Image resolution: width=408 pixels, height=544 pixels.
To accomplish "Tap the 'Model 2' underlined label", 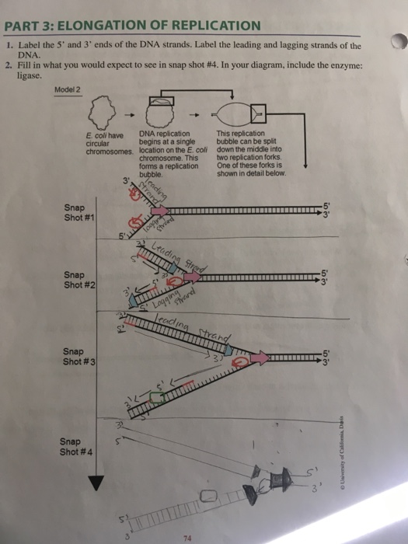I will tap(69, 89).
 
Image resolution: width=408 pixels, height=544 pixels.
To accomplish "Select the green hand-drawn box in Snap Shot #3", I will tap(159, 396).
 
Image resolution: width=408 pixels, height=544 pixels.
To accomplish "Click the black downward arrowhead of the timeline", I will tap(96, 483).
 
